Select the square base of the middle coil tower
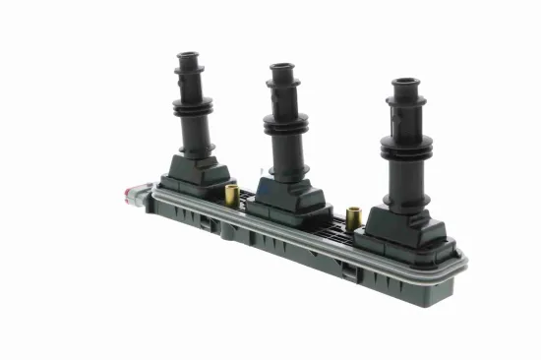point(286,196)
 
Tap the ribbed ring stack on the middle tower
point(286,125)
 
